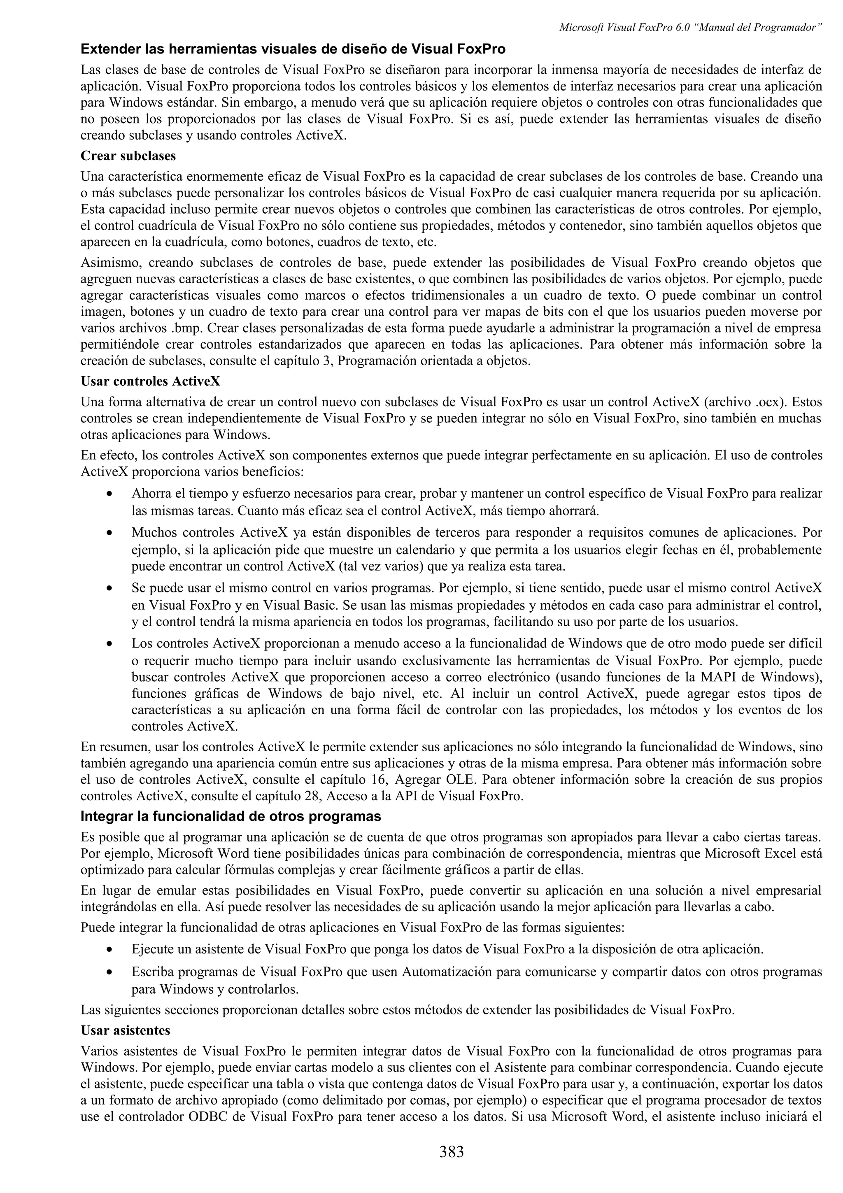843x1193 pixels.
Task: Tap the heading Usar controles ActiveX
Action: (151, 381)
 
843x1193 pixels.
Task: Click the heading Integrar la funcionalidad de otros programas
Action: (231, 816)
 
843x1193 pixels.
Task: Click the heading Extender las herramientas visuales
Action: (293, 49)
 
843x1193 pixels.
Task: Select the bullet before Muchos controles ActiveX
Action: (109, 534)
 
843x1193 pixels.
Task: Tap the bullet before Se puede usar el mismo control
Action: (109, 589)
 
